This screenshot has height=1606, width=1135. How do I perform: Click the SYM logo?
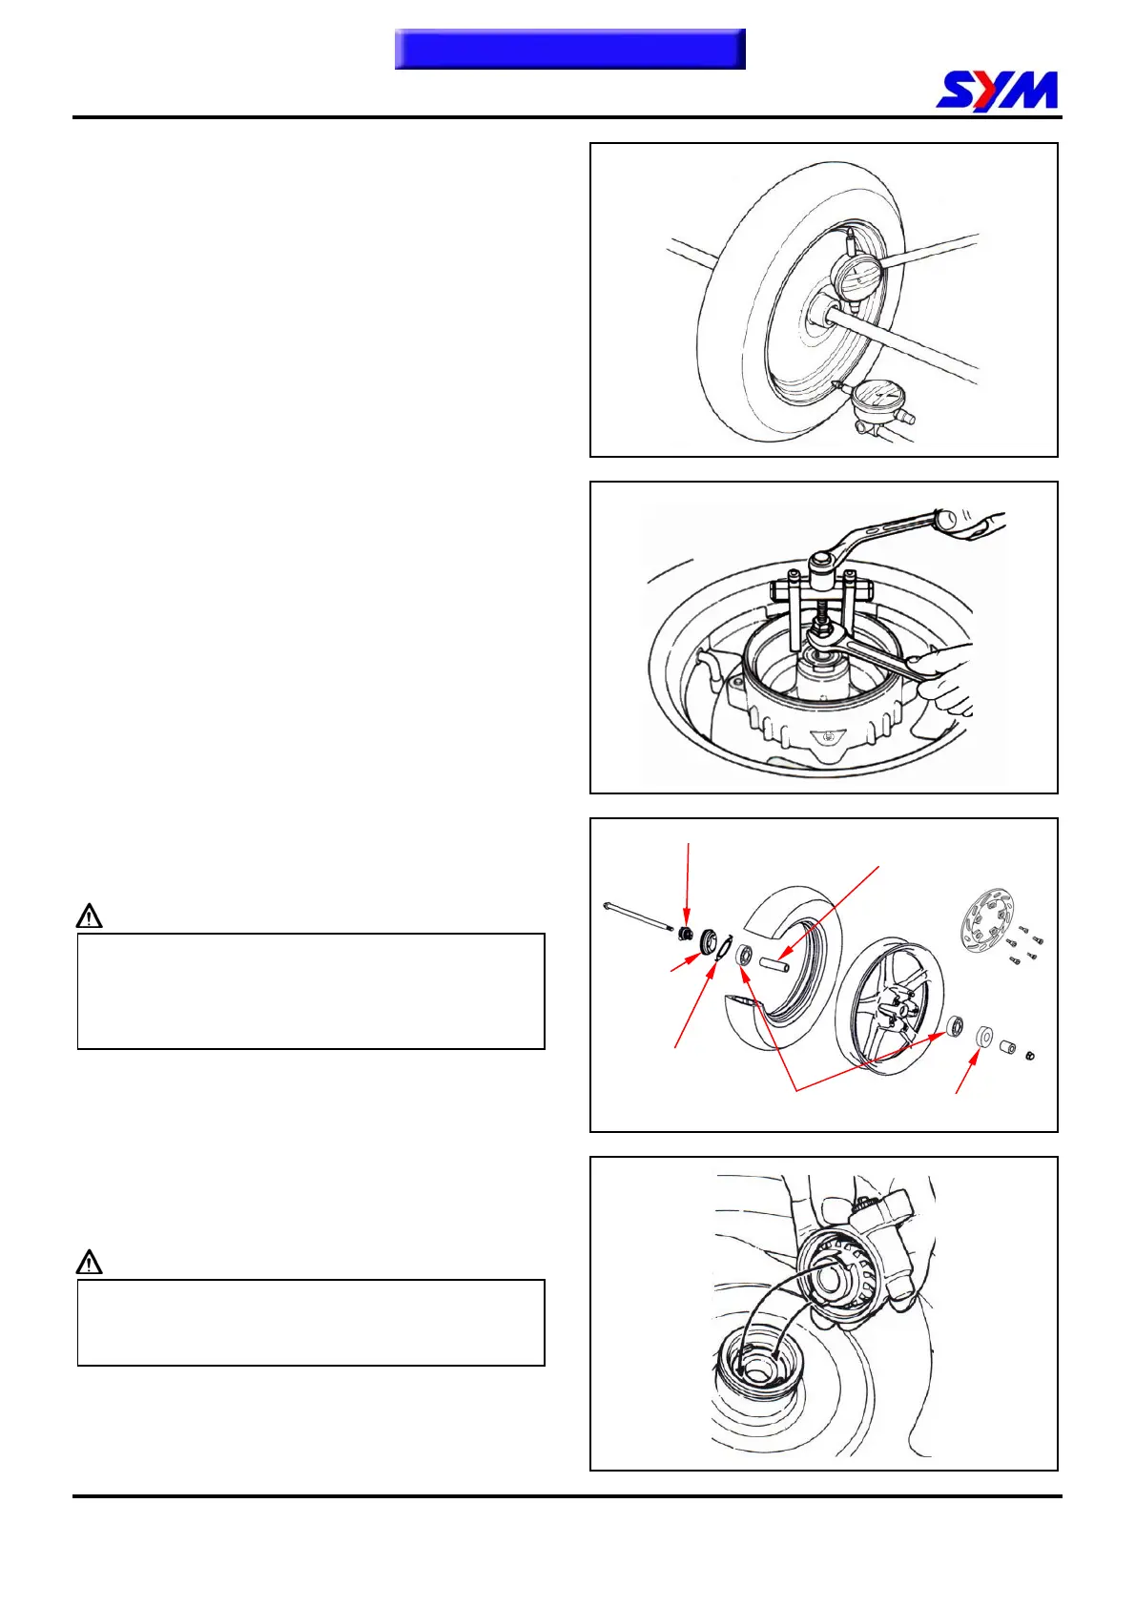997,91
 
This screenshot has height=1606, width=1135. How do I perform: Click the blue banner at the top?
569,49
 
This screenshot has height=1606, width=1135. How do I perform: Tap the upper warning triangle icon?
89,916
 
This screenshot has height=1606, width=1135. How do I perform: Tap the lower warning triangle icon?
89,1263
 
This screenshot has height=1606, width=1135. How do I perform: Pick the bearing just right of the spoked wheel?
954,1027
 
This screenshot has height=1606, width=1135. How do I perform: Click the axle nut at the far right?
1030,1055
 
